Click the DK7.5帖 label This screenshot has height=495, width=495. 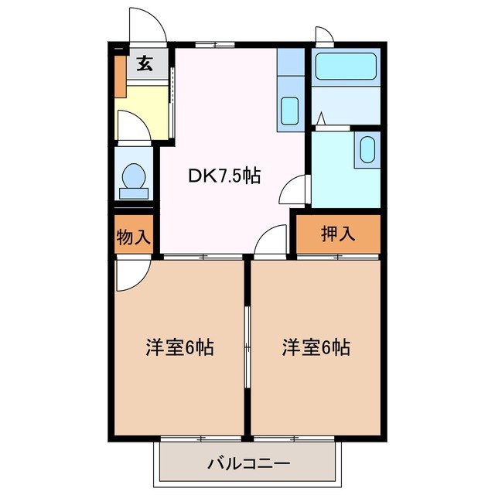224,176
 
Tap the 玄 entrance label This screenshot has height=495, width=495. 145,64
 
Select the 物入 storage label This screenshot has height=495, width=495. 132,237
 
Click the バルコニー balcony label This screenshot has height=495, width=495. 248,464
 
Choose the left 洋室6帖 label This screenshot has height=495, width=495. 179,347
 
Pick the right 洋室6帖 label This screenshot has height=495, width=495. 315,347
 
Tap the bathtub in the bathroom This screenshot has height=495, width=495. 346,67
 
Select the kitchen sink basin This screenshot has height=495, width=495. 290,111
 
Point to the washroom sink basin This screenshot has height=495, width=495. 367,148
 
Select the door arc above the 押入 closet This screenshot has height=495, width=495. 270,241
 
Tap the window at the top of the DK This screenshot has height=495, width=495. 214,45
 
